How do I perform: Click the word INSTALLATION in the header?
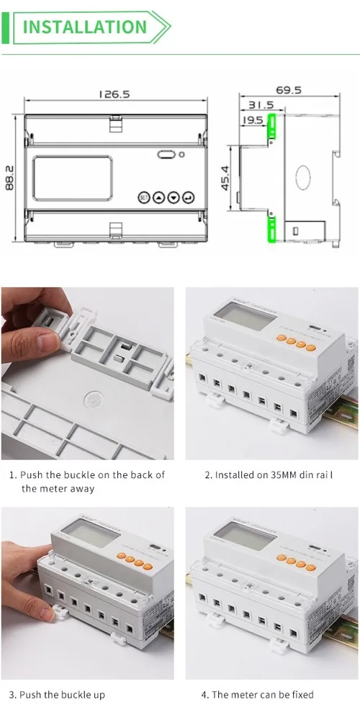85,27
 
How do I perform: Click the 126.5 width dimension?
114,94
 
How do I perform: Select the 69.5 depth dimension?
288,91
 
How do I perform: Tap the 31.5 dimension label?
259,105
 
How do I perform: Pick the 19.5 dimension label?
253,120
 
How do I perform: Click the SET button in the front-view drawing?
143,197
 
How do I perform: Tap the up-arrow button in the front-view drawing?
158,197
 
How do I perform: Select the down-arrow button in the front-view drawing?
174,197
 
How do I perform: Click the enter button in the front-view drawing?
188,197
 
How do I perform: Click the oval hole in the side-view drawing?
303,177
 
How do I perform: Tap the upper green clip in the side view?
271,127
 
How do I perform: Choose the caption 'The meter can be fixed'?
263,695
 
